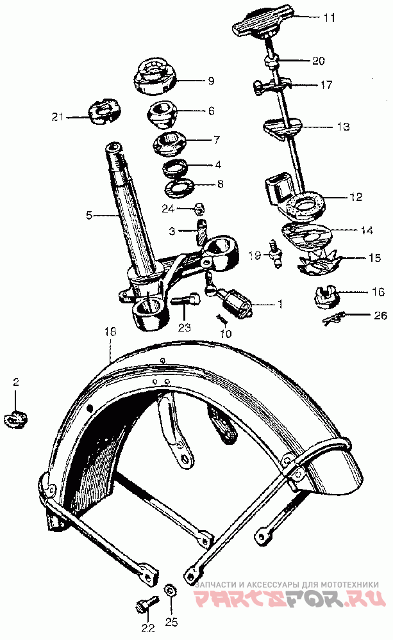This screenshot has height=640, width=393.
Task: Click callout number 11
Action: click(x=328, y=18)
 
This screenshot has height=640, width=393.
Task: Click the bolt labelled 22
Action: click(x=144, y=603)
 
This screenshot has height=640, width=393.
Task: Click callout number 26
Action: click(x=362, y=315)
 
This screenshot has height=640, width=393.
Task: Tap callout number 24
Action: click(x=168, y=208)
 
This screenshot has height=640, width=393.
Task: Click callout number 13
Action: click(x=343, y=127)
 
